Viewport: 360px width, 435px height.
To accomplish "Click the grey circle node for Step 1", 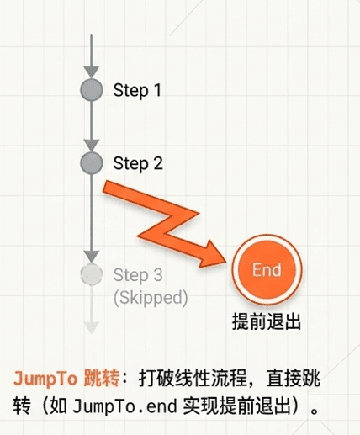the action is pos(92,90).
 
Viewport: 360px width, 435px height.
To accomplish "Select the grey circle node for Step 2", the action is pos(92,163).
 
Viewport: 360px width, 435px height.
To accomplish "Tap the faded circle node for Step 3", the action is pos(92,274).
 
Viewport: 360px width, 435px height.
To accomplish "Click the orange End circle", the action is pos(267,269).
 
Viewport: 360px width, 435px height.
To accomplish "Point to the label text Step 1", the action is pos(137,90).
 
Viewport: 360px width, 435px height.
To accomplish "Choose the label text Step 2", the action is pos(138,163).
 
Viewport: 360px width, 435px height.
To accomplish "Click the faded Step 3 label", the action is pos(138,275).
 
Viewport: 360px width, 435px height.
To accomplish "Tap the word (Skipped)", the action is pos(151,297).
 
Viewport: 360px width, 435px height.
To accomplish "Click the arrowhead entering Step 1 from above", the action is pos(92,72).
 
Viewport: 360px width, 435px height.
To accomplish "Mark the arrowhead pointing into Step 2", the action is pos(92,146).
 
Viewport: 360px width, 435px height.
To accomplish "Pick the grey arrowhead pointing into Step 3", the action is pos(92,257).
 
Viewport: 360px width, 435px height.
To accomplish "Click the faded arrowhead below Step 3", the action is pos(92,327).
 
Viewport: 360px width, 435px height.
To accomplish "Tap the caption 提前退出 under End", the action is pos(267,321).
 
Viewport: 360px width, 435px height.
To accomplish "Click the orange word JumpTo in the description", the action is pos(45,379).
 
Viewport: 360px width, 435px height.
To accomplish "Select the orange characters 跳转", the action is pos(102,378).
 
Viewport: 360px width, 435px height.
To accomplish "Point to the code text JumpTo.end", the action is pos(124,406).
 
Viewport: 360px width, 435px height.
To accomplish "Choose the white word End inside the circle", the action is pos(267,270).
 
